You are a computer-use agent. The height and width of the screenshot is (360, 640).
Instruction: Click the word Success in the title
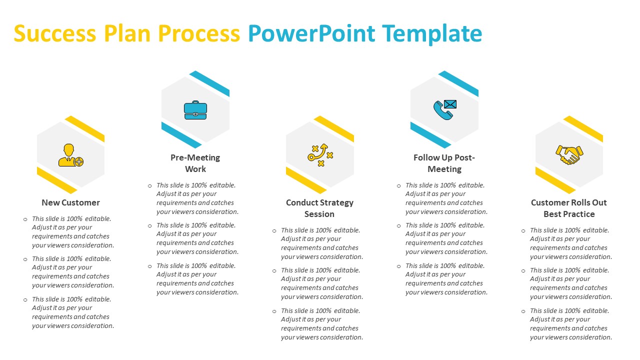55,33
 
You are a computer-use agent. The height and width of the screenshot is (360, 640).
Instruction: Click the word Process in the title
199,33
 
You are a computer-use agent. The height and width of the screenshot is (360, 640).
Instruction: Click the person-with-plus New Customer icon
70,155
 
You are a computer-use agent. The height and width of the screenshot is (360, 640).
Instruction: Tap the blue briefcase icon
195,110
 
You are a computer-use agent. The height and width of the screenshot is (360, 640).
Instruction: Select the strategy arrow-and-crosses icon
320,155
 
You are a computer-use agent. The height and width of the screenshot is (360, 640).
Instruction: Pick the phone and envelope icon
445,109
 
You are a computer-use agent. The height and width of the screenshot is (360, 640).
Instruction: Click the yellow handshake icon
569,155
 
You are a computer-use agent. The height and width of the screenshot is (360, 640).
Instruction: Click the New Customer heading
70,202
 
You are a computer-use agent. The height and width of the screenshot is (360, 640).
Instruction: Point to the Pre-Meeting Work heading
195,163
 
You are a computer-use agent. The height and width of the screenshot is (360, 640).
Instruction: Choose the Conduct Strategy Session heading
319,208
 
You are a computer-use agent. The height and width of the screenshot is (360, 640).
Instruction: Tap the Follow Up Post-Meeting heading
444,163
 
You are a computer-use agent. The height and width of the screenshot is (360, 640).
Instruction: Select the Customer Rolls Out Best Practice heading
569,208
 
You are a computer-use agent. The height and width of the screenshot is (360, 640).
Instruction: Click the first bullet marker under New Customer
25,219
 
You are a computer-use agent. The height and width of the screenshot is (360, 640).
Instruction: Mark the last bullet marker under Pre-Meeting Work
149,266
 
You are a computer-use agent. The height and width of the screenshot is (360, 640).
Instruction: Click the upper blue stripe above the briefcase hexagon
209,83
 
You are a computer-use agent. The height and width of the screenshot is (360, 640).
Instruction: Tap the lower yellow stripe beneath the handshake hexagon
555,180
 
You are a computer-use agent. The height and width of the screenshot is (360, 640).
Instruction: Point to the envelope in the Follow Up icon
450,104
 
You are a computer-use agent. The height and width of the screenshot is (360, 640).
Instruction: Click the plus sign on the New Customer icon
79,162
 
